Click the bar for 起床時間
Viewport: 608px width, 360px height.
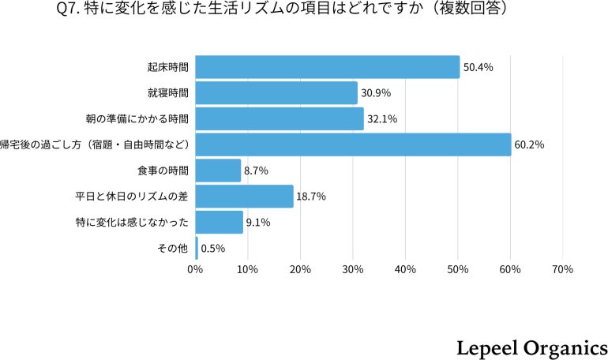[327, 67]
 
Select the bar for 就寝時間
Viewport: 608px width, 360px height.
[276, 93]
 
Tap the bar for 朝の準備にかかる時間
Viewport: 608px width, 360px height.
[280, 119]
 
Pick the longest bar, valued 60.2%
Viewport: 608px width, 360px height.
[353, 144]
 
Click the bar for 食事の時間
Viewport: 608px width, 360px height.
[218, 171]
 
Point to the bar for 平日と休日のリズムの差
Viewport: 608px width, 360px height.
[244, 196]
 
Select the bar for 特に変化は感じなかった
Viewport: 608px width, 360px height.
[219, 222]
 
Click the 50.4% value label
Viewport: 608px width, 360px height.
[479, 68]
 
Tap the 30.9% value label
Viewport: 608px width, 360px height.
[376, 93]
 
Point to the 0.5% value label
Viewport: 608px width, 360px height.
[213, 248]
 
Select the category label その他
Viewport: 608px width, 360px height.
[173, 248]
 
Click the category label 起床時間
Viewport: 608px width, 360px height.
[167, 68]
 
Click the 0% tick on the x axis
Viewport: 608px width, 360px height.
[195, 269]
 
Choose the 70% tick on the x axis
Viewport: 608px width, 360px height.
[562, 269]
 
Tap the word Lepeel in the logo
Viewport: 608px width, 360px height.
[486, 348]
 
